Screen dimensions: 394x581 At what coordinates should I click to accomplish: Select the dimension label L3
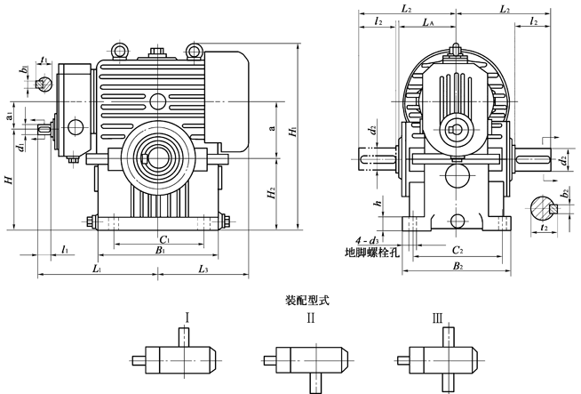pos(203,268)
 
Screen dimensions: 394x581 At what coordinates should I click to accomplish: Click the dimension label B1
pos(161,253)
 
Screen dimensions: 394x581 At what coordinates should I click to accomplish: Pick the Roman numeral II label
pos(310,316)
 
